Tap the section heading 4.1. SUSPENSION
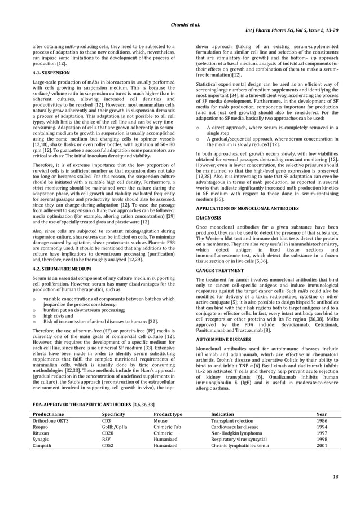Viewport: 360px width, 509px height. coord(51,73)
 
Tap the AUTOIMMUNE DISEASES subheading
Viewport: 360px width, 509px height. coord(223,341)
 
